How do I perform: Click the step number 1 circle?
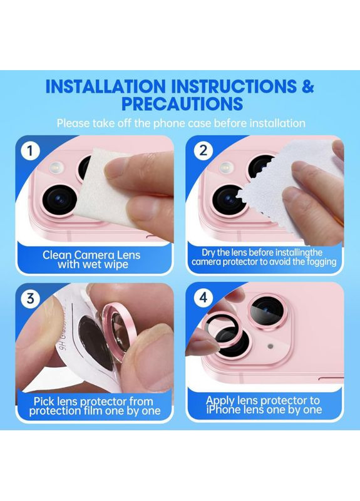[x=30, y=150]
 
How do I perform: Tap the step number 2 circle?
[x=203, y=150]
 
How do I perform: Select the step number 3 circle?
[x=30, y=298]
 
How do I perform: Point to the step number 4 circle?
[x=203, y=298]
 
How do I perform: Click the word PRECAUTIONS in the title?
[x=182, y=103]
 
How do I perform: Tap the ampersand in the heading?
[x=307, y=86]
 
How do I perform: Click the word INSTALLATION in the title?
[x=106, y=86]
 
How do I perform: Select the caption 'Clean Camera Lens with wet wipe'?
[x=91, y=259]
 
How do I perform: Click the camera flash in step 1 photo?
[x=56, y=167]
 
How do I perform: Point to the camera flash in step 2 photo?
[x=226, y=167]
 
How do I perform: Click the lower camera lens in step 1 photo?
[x=59, y=199]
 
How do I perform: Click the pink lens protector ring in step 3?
[x=118, y=333]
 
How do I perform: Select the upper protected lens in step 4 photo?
[x=265, y=310]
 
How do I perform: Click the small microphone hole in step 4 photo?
[x=270, y=346]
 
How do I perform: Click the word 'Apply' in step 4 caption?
[x=220, y=401]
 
